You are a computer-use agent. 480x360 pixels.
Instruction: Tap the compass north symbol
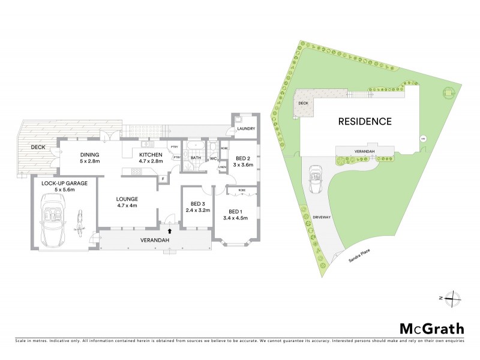coord(455,298)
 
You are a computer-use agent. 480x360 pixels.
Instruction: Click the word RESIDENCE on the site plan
coord(365,121)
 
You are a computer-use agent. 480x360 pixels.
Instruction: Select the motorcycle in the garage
coord(79,223)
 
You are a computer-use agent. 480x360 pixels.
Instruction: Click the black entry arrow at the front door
coord(169,229)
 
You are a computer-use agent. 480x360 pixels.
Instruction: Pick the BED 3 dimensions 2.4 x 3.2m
coord(195,211)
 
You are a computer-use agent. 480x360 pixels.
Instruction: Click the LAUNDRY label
coord(246,129)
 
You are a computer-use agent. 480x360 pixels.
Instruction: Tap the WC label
coord(212,159)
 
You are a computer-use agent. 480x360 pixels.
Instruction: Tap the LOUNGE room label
coord(128,199)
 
